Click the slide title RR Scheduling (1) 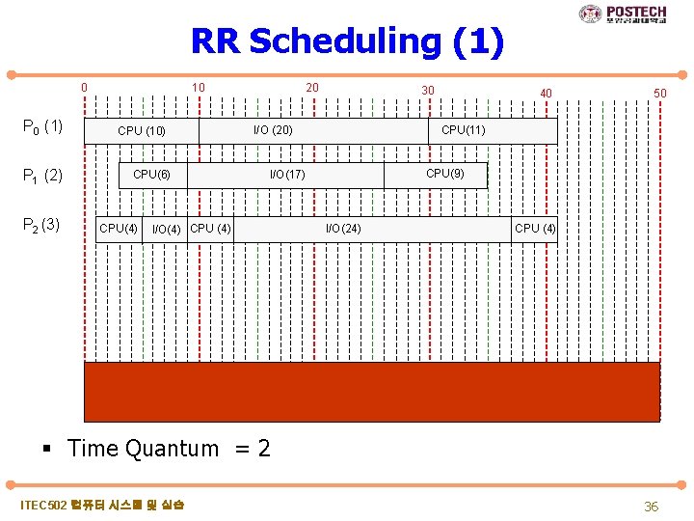[347, 42]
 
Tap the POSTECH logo [623, 14]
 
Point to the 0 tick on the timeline [85, 88]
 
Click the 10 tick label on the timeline [198, 88]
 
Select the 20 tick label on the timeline [312, 88]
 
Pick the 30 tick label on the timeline [427, 90]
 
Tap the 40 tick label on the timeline [546, 93]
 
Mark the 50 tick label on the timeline [659, 93]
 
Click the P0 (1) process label [43, 126]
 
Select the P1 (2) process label [43, 176]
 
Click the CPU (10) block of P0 [142, 131]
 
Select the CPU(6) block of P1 [151, 175]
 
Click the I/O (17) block [286, 175]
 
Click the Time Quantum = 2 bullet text [169, 449]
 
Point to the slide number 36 [651, 507]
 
